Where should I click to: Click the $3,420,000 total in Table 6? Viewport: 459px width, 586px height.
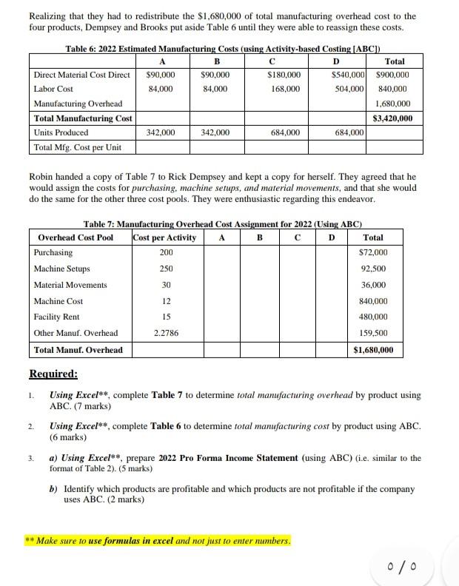(x=392, y=118)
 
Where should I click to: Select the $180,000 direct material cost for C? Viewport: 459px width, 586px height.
(x=285, y=75)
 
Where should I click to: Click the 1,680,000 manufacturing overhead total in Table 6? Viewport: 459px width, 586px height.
(x=394, y=104)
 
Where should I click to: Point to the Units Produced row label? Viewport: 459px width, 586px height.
(x=61, y=132)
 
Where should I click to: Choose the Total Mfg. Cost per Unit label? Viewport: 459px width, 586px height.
(x=78, y=147)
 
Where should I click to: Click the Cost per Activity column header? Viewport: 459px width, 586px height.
(x=164, y=238)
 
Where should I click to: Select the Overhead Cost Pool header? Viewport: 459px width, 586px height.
(x=76, y=238)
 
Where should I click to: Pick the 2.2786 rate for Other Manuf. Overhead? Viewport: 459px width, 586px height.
(x=165, y=333)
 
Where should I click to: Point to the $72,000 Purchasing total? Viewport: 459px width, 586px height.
(x=373, y=253)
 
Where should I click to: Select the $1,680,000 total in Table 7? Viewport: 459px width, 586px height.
(x=373, y=349)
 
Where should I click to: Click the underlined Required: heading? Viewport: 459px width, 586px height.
(x=53, y=374)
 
